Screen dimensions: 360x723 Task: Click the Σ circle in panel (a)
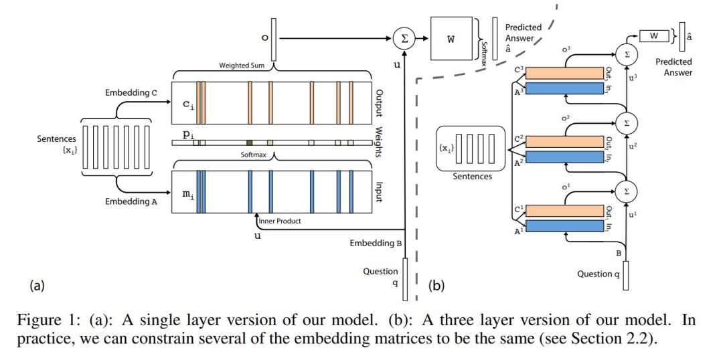click(x=404, y=38)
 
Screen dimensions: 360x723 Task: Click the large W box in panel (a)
click(x=451, y=38)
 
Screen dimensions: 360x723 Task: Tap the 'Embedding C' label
click(x=131, y=92)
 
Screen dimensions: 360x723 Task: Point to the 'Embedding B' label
click(x=376, y=243)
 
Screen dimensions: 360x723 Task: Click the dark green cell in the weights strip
click(x=249, y=143)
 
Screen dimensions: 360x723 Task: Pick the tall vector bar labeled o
click(x=274, y=38)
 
